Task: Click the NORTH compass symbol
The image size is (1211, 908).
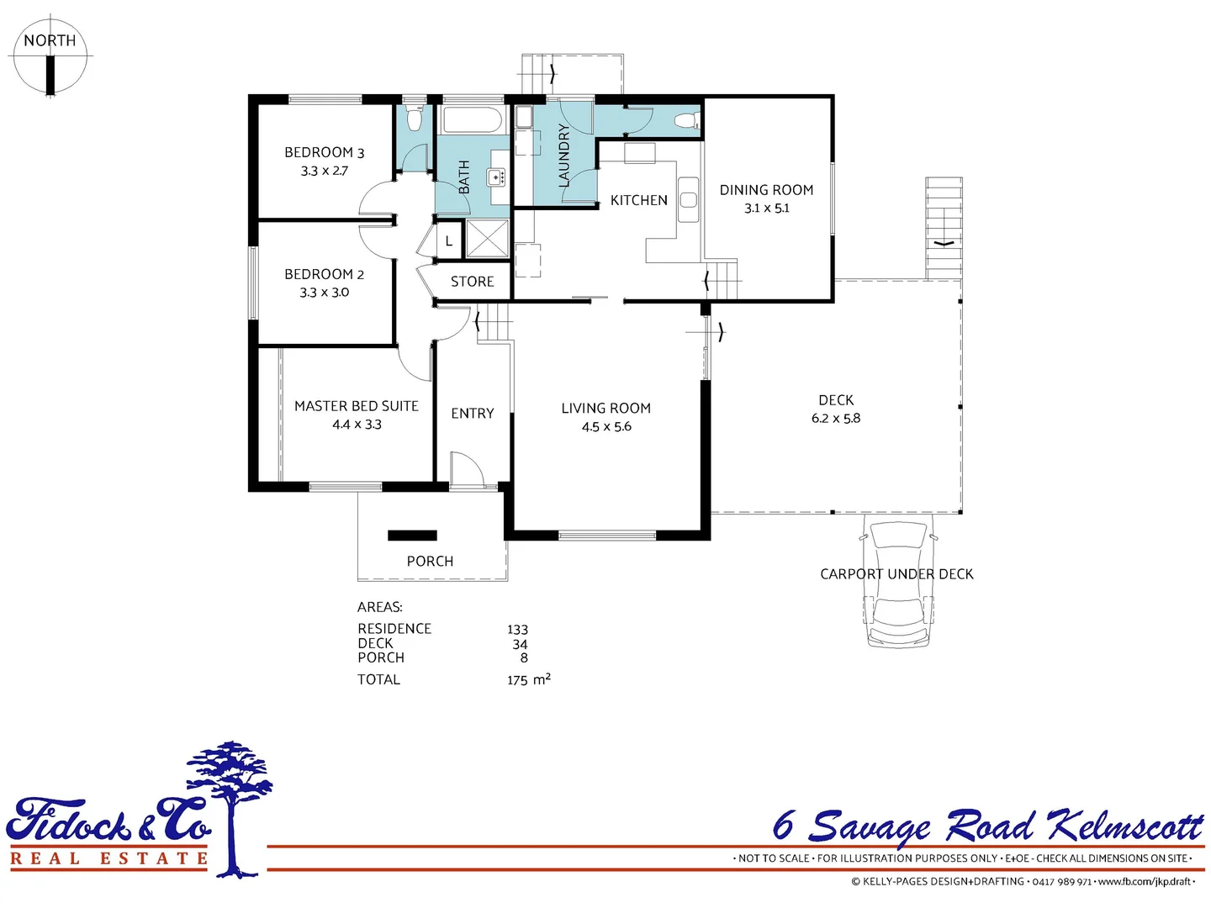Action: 50,55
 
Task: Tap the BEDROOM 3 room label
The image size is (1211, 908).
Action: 324,152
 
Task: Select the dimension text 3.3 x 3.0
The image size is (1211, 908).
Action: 324,293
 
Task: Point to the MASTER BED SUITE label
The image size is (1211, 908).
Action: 356,406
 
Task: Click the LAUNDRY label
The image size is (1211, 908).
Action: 563,156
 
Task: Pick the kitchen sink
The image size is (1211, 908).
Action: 688,200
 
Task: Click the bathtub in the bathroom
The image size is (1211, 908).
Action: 472,119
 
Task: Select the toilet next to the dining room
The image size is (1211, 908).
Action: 686,120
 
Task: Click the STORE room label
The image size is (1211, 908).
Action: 472,282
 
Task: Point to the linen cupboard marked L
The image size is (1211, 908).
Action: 449,240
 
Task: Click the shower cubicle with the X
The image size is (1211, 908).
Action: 487,239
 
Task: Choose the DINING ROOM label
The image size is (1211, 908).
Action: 766,190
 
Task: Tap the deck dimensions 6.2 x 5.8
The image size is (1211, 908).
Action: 835,419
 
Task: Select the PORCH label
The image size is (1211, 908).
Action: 430,561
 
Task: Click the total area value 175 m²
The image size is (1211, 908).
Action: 528,679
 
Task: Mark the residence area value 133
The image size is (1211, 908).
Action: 517,630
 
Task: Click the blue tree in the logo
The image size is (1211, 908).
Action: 232,799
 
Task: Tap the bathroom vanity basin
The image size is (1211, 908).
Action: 496,177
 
